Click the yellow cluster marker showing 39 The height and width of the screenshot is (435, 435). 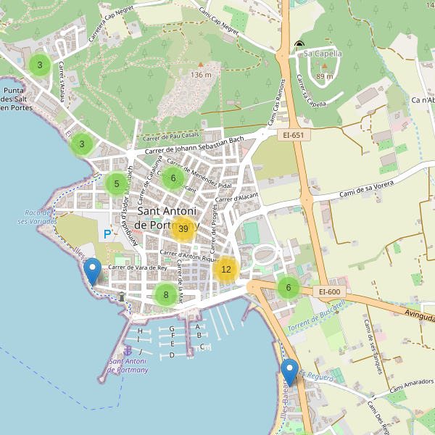tap(183, 229)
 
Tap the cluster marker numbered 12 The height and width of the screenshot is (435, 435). tap(226, 270)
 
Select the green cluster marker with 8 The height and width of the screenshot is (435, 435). tap(166, 294)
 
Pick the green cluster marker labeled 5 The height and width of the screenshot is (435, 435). tap(116, 184)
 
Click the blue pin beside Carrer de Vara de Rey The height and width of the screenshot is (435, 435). tap(92, 272)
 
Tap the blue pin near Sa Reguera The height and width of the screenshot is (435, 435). tap(290, 373)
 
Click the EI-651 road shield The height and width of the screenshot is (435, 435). tap(294, 135)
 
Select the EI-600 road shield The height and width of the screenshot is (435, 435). tap(328, 292)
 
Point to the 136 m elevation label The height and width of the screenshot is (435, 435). tap(202, 75)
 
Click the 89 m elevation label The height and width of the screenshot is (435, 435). tap(325, 77)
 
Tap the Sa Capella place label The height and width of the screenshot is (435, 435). tap(323, 53)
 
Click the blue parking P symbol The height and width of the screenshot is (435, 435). tap(108, 234)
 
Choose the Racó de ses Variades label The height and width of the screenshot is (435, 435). tap(36, 217)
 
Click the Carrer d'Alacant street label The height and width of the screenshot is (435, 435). tap(236, 197)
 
